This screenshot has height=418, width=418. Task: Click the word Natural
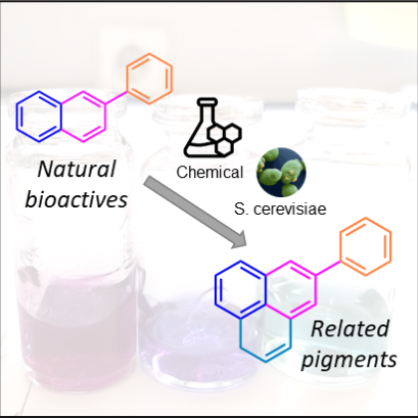click(77, 169)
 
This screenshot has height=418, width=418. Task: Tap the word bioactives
click(77, 199)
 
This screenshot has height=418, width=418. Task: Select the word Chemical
click(210, 172)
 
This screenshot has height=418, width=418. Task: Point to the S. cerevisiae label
click(280, 209)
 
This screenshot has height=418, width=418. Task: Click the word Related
click(349, 329)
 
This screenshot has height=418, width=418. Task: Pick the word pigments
click(349, 359)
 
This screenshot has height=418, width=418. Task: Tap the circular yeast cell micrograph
click(282, 172)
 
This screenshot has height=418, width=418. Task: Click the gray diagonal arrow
click(196, 213)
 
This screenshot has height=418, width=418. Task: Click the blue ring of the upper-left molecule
click(17, 116)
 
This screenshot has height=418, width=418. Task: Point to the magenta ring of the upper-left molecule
click(105, 116)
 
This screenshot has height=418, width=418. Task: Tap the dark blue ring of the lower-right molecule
click(216, 290)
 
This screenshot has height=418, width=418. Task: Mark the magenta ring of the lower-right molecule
click(315, 290)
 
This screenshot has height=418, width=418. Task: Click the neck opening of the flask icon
click(207, 101)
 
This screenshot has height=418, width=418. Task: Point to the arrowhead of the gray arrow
click(240, 240)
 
